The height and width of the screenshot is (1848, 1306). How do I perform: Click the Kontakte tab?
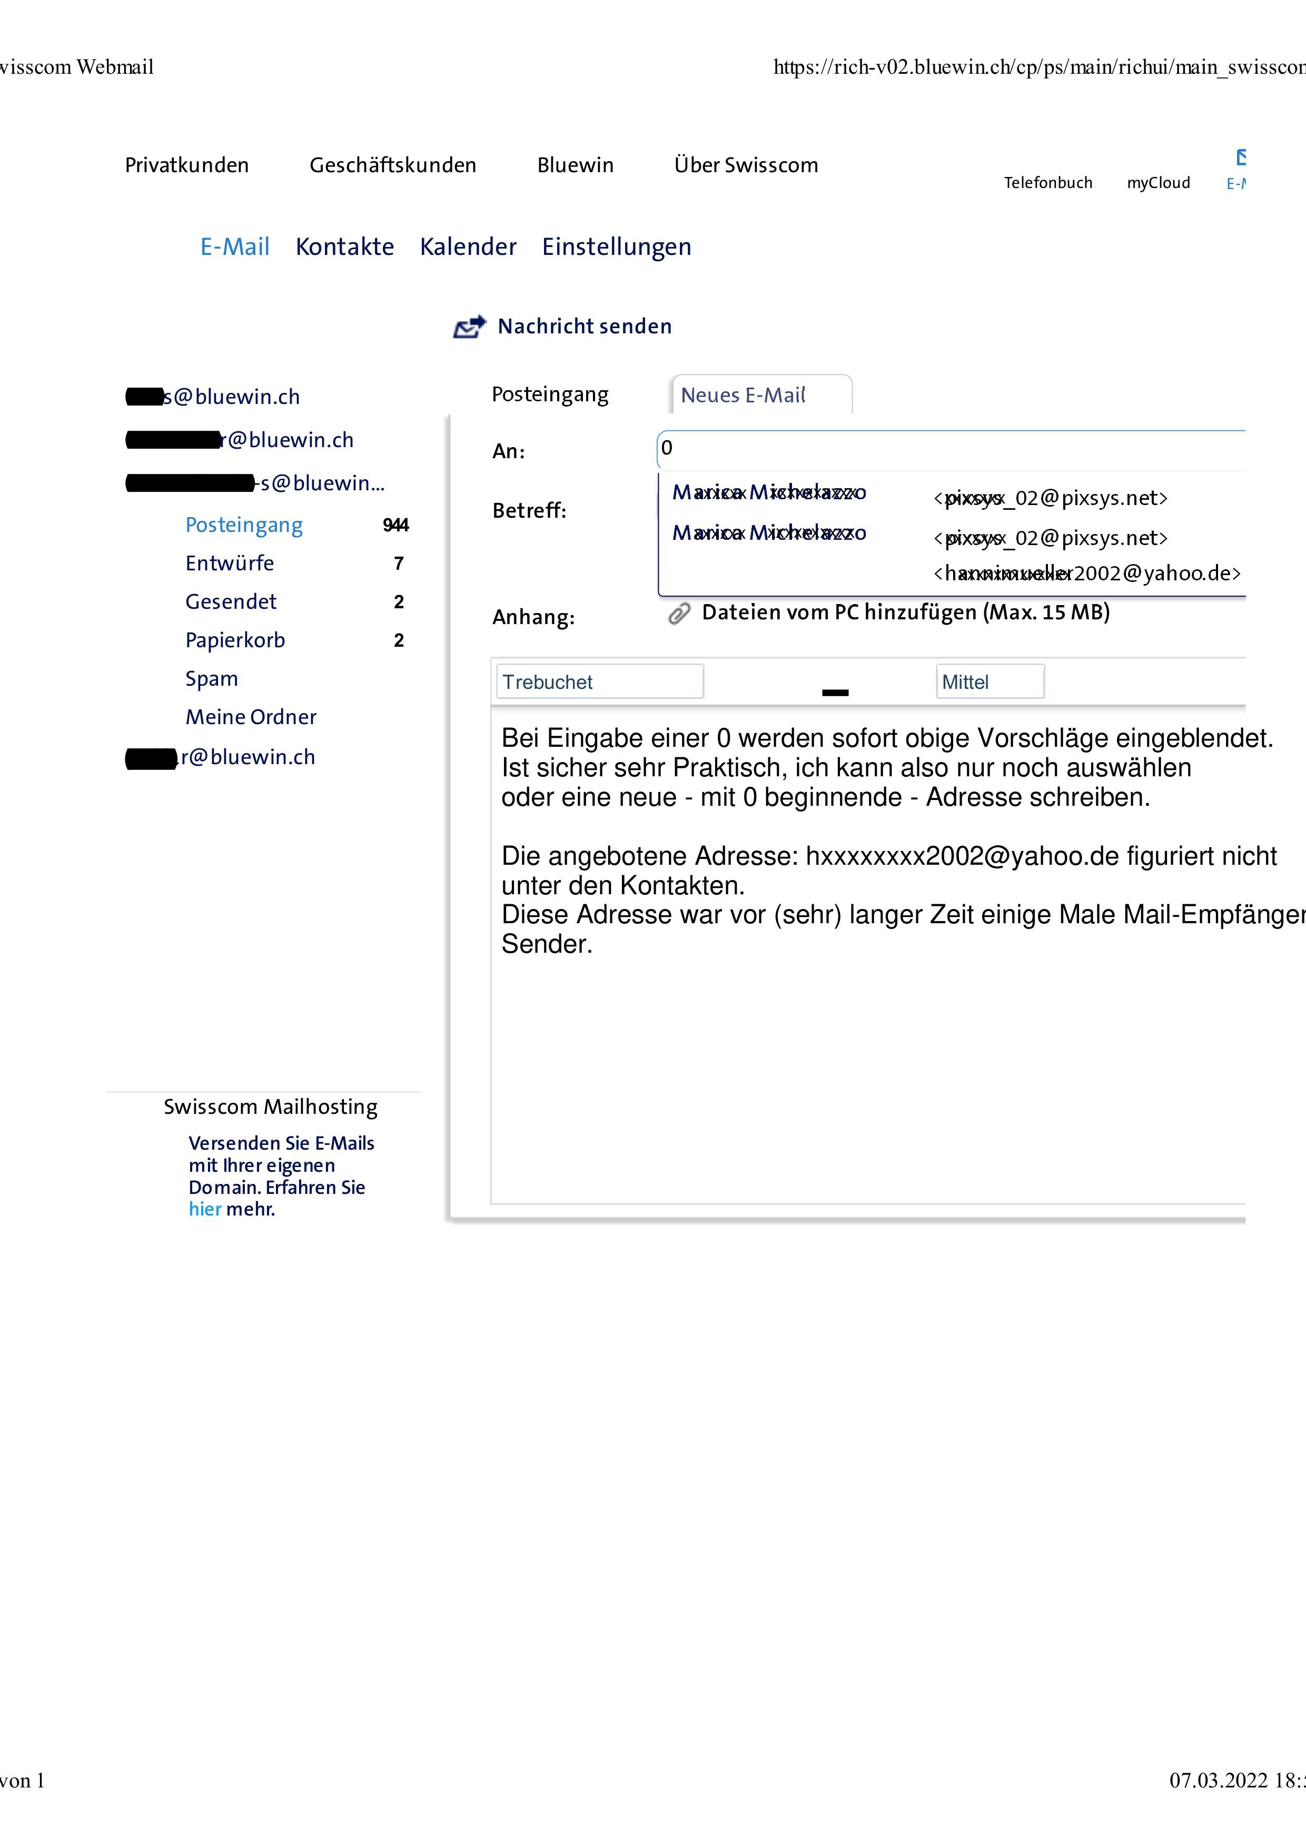pos(344,246)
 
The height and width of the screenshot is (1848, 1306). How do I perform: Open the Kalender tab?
pos(468,246)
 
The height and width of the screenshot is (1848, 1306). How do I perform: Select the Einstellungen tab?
pos(616,246)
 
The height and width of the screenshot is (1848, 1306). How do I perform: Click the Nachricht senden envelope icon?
pos(470,326)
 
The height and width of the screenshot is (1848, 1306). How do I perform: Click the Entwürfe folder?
pos(229,564)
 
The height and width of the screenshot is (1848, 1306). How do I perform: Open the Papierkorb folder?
pos(235,641)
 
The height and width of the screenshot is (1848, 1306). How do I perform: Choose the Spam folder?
pos(212,678)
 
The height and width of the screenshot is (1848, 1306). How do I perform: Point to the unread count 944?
pos(396,526)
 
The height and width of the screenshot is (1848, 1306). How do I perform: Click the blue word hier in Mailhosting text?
pos(204,1209)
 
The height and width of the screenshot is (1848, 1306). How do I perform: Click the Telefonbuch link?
pos(1048,183)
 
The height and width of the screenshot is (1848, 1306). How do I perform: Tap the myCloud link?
pos(1158,183)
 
